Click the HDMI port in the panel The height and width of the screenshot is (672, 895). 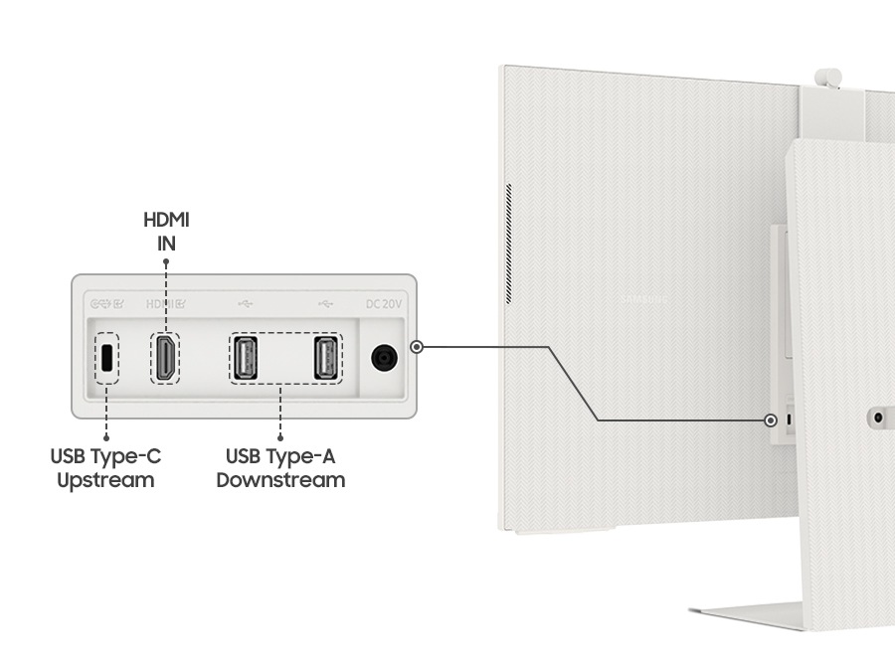[166, 358]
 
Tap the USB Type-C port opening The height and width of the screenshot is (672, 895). [106, 358]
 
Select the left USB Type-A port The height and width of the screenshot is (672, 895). [245, 358]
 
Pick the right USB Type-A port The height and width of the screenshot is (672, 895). [325, 358]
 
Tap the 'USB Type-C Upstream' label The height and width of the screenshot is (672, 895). [105, 468]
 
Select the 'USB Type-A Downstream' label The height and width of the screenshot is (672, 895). [280, 468]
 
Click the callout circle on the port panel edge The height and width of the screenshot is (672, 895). [418, 347]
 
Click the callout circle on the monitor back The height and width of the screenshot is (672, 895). [771, 420]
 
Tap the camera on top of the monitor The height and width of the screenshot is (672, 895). [828, 77]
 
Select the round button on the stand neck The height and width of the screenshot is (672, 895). [878, 419]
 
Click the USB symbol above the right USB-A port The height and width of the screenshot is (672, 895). [325, 303]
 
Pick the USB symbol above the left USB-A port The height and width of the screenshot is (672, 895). [246, 303]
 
